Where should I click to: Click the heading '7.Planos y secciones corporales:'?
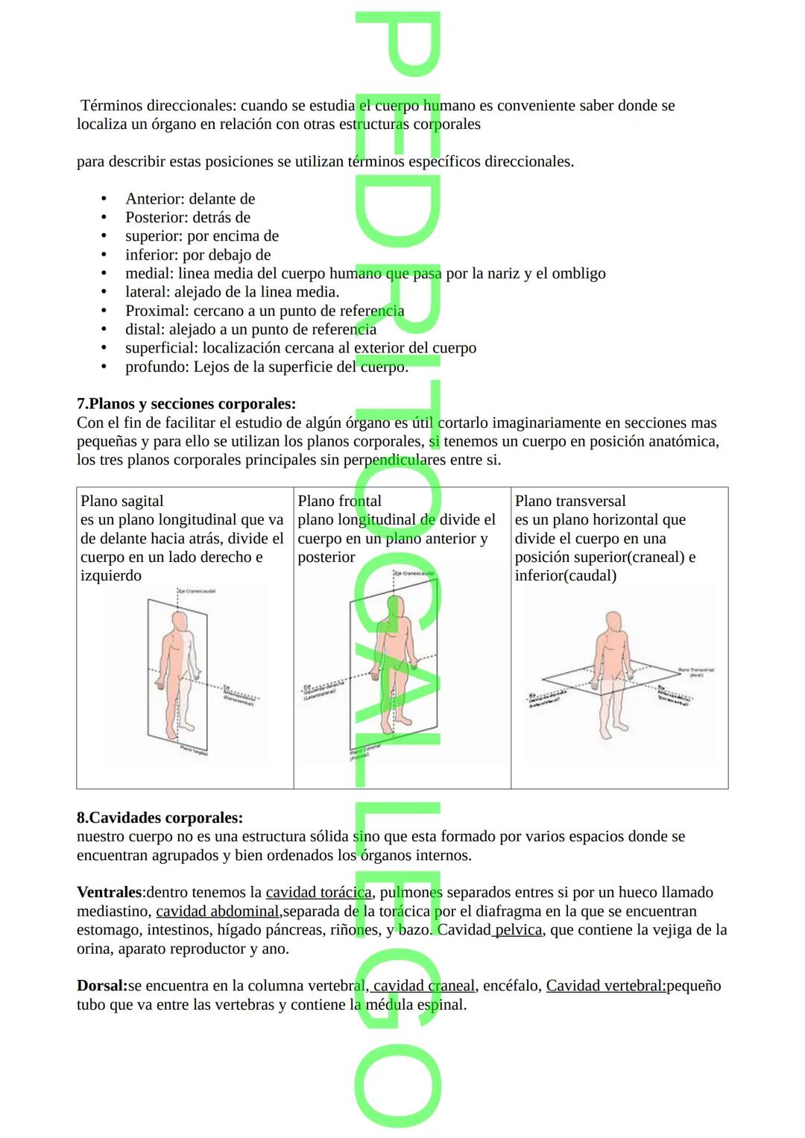(x=186, y=404)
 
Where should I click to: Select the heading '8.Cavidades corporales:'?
(x=160, y=818)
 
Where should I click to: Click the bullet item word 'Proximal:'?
(x=157, y=311)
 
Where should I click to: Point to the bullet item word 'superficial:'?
(x=162, y=348)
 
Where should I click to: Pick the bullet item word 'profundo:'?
(x=157, y=367)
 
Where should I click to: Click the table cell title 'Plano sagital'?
(x=121, y=501)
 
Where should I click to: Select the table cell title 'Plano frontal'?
(x=339, y=501)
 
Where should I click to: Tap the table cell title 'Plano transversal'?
(x=570, y=501)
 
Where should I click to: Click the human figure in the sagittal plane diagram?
(x=178, y=671)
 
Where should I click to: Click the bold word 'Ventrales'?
(x=109, y=892)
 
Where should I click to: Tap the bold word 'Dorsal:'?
(x=102, y=985)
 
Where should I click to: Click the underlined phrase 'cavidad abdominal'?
(x=217, y=911)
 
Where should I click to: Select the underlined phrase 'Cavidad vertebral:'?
(x=606, y=985)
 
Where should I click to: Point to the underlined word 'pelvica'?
(x=518, y=929)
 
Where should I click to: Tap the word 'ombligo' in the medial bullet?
(x=578, y=274)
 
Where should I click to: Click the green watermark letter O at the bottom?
(x=398, y=1084)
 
